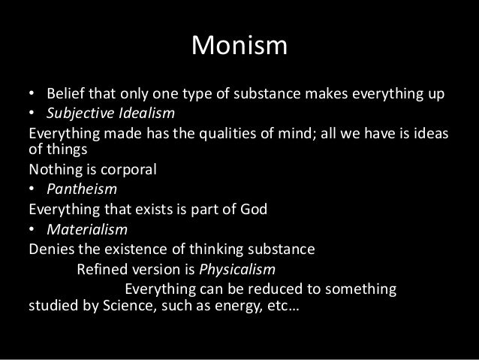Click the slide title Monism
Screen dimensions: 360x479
coord(239,46)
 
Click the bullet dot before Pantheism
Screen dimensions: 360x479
coord(32,187)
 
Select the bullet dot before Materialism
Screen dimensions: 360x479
coord(32,223)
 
